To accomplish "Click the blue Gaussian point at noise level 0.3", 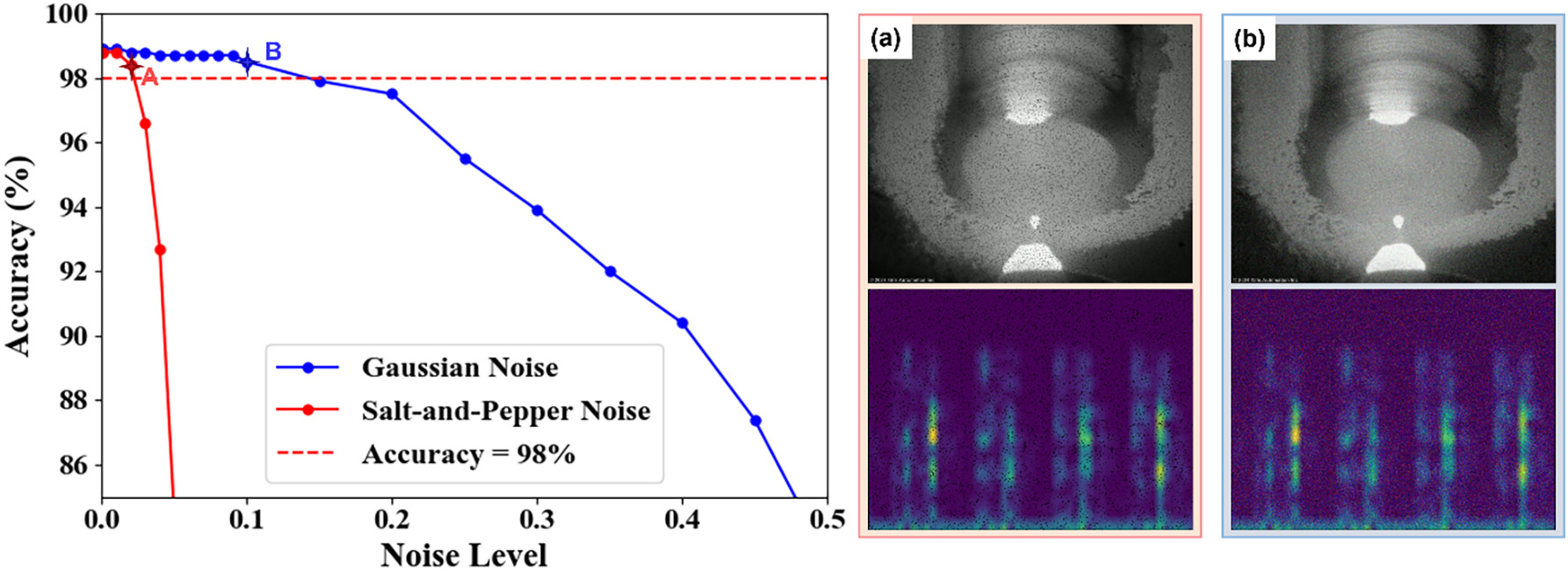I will tap(538, 211).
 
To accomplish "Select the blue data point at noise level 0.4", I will tap(683, 323).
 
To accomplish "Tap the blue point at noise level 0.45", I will tap(755, 421).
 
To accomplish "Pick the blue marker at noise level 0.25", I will tap(466, 160).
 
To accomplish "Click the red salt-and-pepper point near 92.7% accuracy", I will tap(160, 250).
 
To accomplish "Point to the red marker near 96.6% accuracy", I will tap(146, 124).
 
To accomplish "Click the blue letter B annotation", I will tap(273, 52).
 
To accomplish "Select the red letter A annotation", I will tap(149, 77).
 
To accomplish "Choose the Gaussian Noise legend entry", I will tap(459, 367).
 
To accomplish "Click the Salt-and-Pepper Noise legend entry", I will tap(506, 410).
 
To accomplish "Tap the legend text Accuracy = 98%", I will tap(468, 454).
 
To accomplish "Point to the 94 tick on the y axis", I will tap(73, 207).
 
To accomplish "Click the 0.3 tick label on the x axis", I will tap(538, 520).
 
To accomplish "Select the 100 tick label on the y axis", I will tap(67, 14).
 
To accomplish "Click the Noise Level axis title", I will tap(464, 555).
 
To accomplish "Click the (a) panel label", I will tap(885, 39).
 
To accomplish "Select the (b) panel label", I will tap(1248, 39).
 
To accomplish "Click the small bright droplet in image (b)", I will tap(1398, 221).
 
